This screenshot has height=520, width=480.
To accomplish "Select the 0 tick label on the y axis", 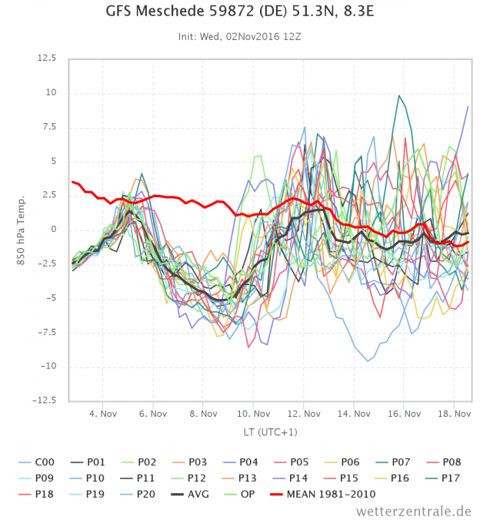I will pos(53,230).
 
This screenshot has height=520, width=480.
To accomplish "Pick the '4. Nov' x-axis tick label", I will pos(103,414).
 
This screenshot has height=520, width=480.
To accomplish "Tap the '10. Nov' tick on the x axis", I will pos(254,414).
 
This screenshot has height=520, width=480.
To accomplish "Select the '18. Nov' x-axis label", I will pos(454,414).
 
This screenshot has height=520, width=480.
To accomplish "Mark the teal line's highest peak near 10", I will pos(398,96).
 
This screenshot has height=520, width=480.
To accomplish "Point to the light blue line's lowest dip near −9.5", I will pos(368,361).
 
